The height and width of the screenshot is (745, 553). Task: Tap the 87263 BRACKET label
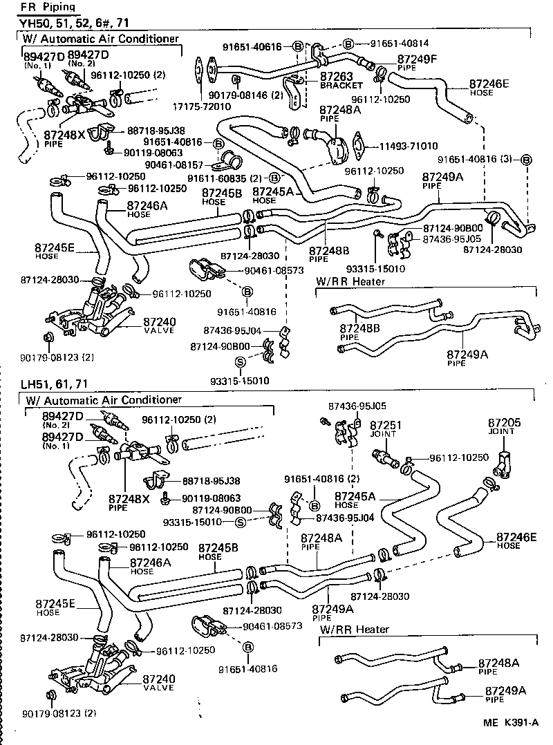339,81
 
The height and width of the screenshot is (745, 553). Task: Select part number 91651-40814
393,43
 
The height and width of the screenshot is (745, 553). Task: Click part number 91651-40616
256,46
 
